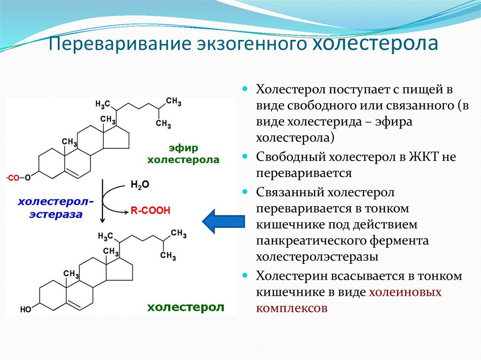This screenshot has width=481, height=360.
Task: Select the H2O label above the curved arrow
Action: point(140,185)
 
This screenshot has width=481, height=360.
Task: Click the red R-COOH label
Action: point(150,211)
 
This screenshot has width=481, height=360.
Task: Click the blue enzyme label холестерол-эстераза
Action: point(56,208)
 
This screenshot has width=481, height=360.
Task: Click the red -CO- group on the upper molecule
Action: point(13,178)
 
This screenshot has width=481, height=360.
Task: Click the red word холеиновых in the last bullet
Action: point(405,292)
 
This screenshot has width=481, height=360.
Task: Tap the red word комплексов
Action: point(291,308)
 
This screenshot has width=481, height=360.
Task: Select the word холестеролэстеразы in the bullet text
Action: point(318,257)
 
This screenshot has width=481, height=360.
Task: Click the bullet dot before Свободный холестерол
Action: point(245,156)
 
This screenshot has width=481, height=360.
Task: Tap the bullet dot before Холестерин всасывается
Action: point(245,276)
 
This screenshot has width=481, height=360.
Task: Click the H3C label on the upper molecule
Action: point(102,104)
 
